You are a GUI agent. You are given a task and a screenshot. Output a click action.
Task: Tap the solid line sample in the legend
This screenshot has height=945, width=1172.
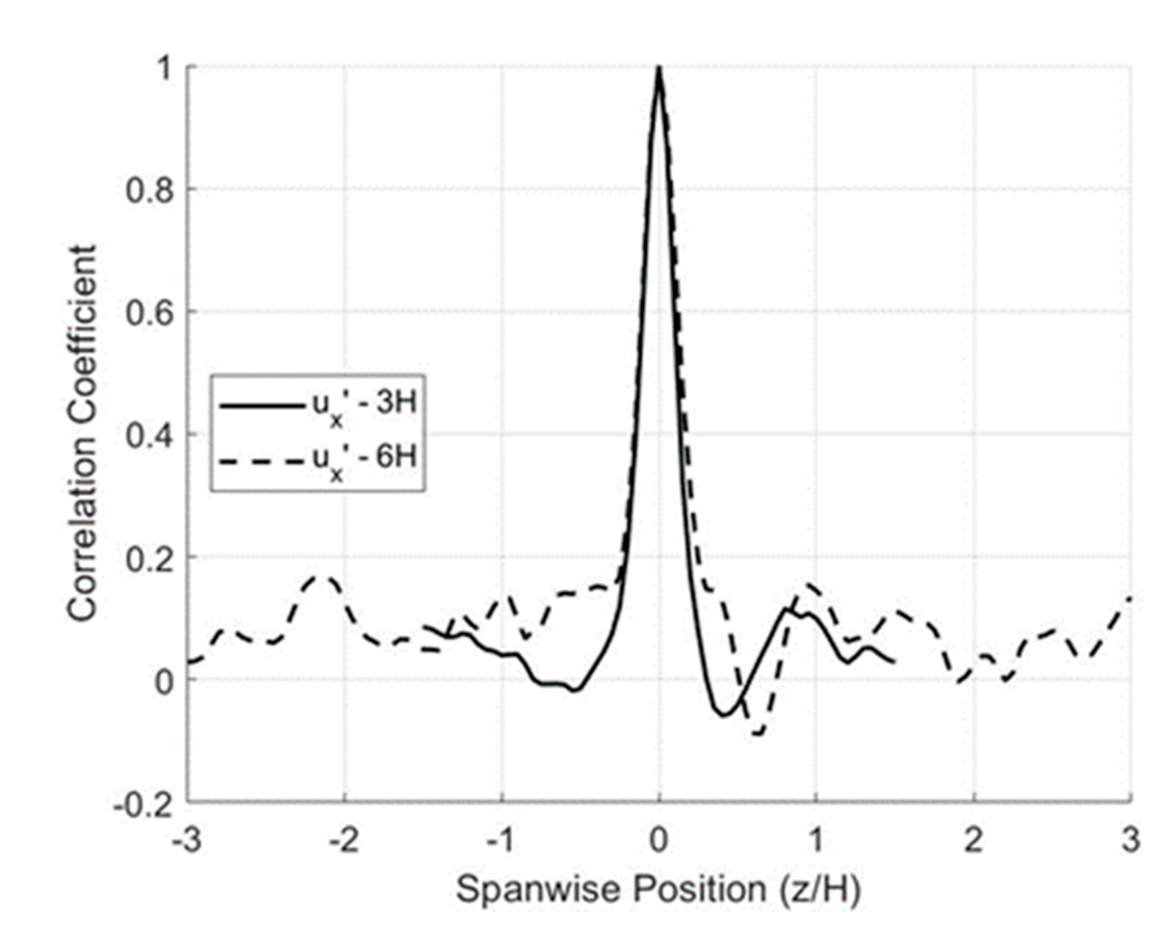(259, 406)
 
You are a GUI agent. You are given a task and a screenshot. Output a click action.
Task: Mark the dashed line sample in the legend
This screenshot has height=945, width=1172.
(259, 462)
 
